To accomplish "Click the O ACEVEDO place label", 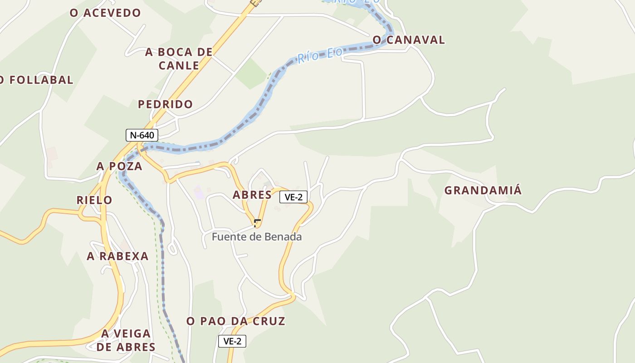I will coord(105,13).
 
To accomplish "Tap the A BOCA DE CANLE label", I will coord(179,59).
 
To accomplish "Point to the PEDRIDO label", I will coord(166,104).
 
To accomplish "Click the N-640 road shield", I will coord(142,135).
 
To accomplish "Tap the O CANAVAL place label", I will coord(409,40).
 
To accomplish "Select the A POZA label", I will coord(119,166).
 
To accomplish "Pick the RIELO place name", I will coord(94,200).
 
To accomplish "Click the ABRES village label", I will coord(252,195).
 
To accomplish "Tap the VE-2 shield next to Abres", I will coord(293,197).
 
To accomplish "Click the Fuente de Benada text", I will coord(257,237).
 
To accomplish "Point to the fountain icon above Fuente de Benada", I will coord(257,223).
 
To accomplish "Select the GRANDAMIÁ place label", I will coord(483,191).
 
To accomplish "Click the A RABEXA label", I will coord(118,256).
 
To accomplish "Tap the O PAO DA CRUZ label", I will coord(236,321).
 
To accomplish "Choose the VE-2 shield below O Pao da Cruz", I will coord(232,341).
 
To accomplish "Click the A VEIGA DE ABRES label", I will coord(126,340).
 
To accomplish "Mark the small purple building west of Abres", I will coord(199,192).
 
